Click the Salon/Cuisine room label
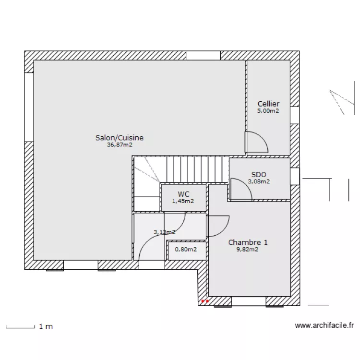120,138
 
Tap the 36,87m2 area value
120,145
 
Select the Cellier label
268,104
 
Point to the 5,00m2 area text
268,111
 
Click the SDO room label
259,175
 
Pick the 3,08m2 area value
259,181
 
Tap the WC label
183,194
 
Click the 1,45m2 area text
183,201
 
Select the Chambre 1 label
248,242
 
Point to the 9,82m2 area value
247,249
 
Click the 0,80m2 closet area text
186,249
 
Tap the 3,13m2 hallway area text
164,232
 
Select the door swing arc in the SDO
246,185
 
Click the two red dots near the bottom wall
205,301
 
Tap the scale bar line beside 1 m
21,327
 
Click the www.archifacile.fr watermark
324,325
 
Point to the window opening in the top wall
203,56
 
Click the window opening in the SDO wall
295,176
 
